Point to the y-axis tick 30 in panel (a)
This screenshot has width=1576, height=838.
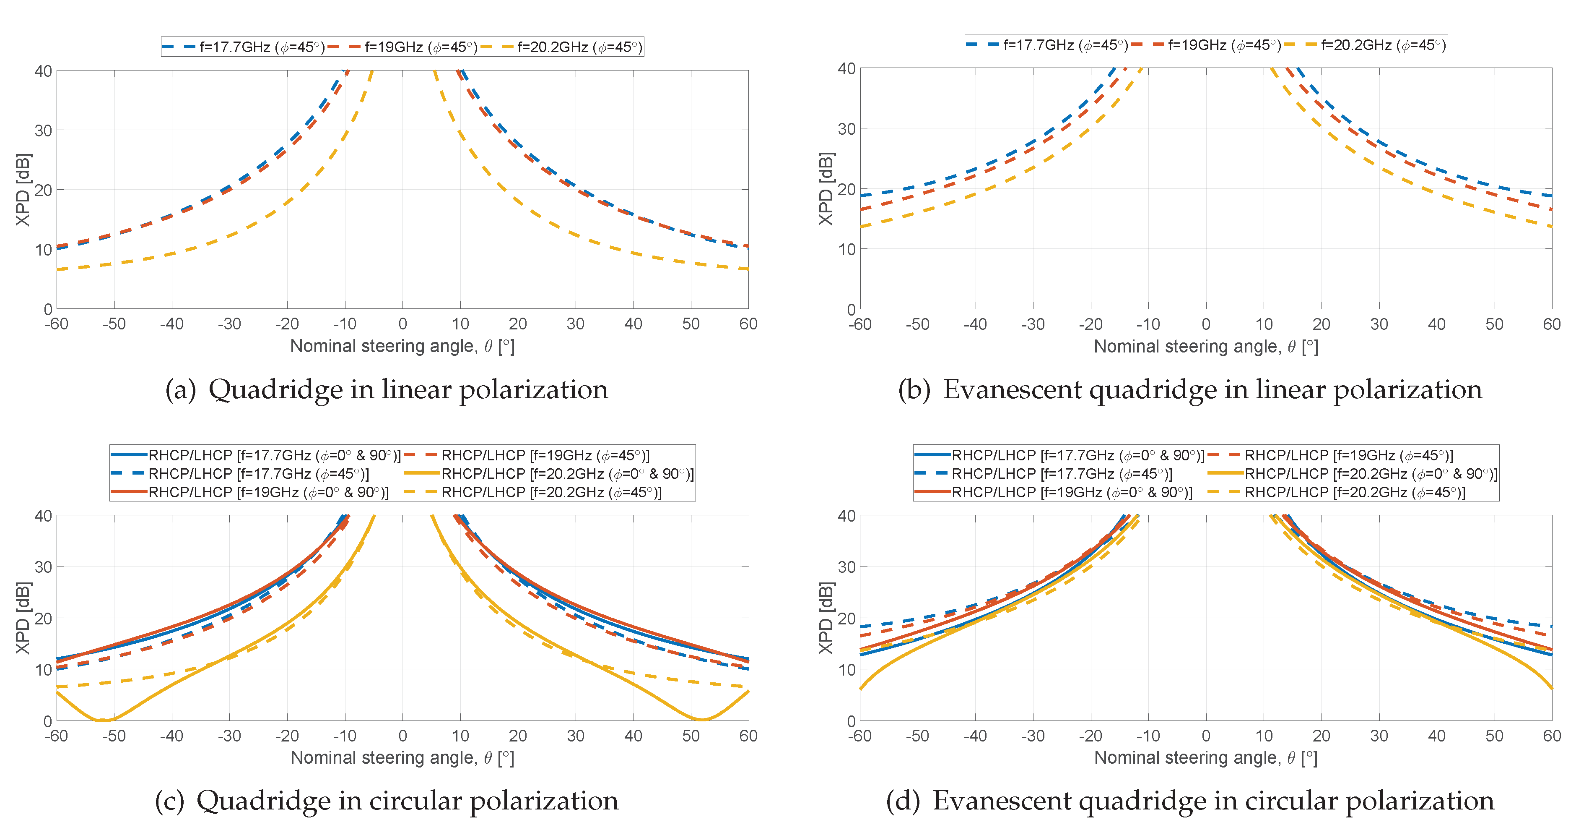[43, 131]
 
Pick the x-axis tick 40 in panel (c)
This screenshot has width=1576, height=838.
[633, 736]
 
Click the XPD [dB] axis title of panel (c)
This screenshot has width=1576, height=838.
[23, 618]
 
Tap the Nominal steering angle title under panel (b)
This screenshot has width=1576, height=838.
[1205, 347]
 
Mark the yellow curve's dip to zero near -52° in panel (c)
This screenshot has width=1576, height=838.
[104, 720]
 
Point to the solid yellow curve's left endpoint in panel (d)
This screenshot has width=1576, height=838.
[861, 689]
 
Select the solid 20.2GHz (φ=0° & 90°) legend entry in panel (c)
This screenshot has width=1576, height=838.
[566, 474]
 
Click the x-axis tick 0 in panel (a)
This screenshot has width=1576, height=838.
[402, 324]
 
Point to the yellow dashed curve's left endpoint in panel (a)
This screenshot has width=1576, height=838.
[57, 269]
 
